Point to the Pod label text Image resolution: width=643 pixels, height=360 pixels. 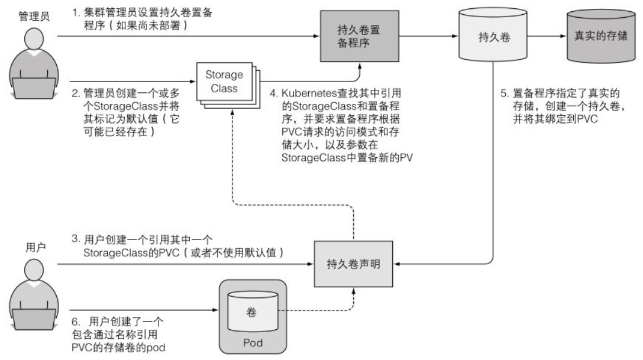point(253,343)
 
